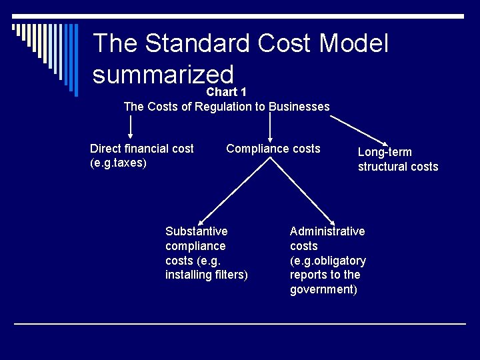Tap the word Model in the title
tap(353, 44)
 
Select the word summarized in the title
tap(163, 75)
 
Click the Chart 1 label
tap(227, 92)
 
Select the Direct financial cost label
tap(142, 149)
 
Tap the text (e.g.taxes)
tap(118, 163)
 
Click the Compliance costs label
tap(273, 149)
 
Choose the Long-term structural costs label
tap(398, 159)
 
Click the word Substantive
tap(196, 231)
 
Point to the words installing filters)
tap(207, 275)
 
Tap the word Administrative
tap(327, 231)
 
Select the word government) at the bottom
tap(323, 289)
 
